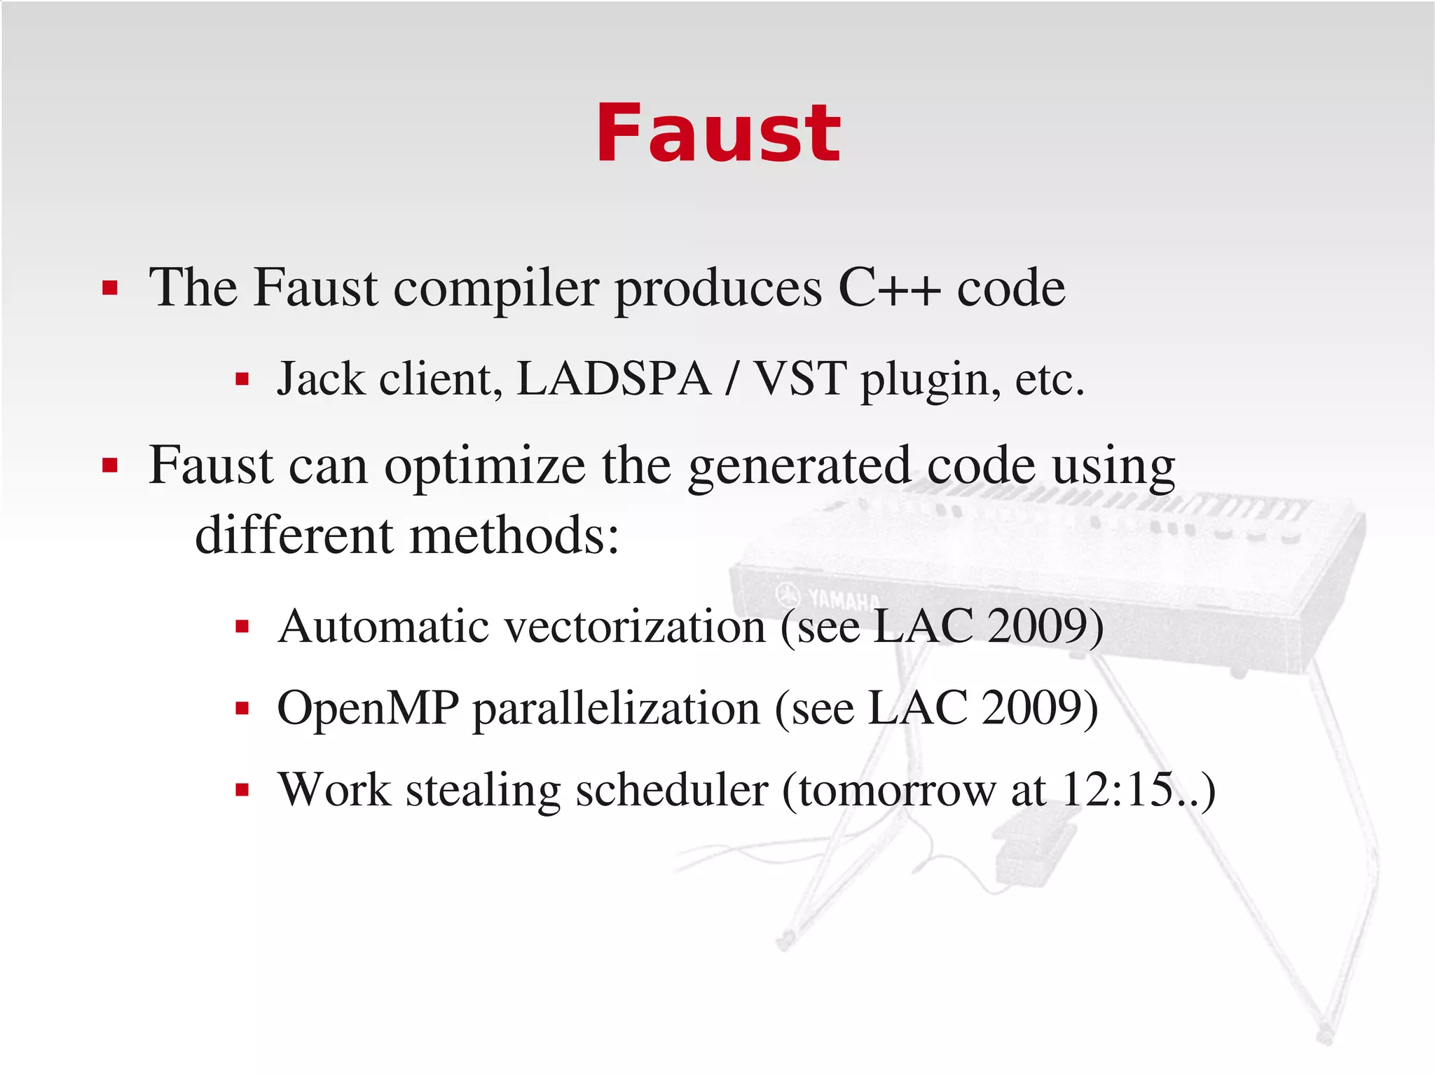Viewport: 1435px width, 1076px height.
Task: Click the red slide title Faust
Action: pyautogui.click(x=717, y=133)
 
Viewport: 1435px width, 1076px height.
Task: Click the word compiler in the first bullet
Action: pyautogui.click(x=496, y=289)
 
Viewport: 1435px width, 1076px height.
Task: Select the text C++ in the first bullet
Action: pyautogui.click(x=889, y=287)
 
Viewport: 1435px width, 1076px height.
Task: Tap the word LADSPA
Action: pyautogui.click(x=614, y=379)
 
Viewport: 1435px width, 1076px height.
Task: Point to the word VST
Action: pyautogui.click(x=799, y=379)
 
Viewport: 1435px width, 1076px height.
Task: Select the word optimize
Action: pyautogui.click(x=485, y=466)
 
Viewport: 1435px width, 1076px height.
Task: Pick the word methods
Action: pyautogui.click(x=514, y=536)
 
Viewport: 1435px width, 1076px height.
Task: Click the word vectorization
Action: pyautogui.click(x=636, y=626)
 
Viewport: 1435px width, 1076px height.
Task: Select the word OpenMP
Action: pyautogui.click(x=368, y=708)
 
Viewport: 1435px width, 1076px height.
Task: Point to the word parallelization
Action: pyautogui.click(x=617, y=708)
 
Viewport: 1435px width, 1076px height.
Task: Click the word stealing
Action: pyautogui.click(x=483, y=791)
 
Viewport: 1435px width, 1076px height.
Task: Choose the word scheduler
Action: pyautogui.click(x=672, y=790)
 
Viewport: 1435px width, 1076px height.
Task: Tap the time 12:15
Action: pyautogui.click(x=1117, y=790)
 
